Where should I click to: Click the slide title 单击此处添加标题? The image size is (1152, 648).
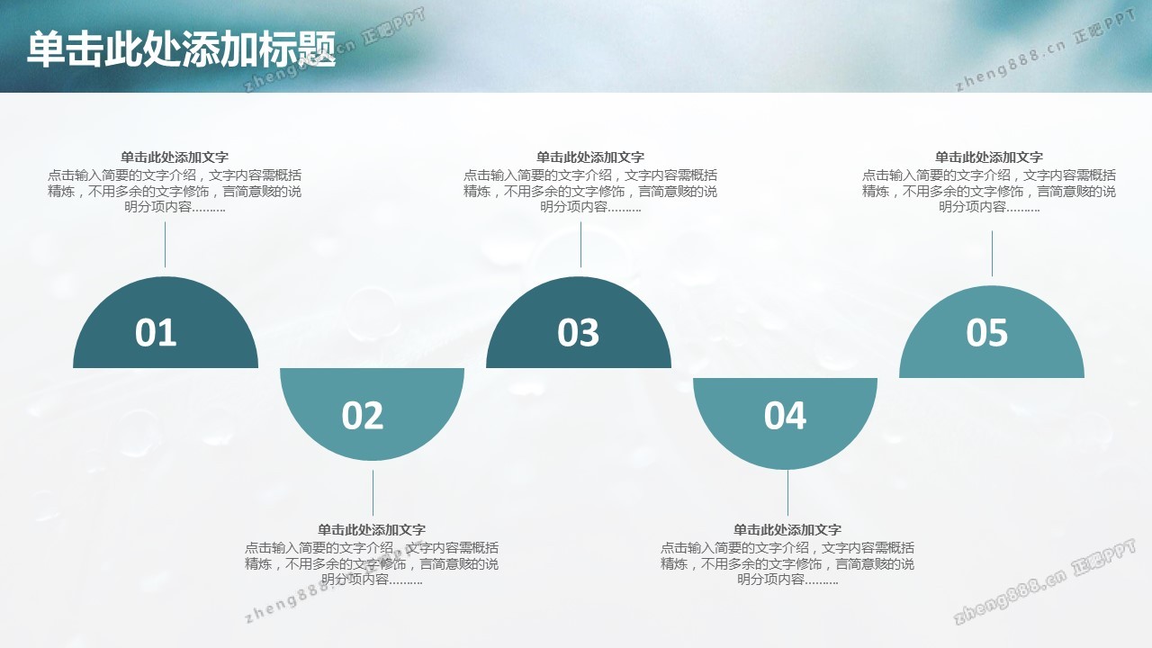click(182, 49)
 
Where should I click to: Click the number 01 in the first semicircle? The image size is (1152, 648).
click(156, 332)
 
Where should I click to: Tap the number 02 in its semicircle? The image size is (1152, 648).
click(363, 415)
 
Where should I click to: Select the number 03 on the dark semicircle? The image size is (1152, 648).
click(578, 332)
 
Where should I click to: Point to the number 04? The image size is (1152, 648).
click(785, 415)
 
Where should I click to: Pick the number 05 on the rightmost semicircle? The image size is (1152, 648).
click(987, 332)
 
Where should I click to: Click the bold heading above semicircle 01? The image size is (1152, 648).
click(175, 157)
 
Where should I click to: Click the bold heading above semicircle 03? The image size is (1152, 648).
click(589, 157)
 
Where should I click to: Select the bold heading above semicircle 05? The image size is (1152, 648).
click(988, 157)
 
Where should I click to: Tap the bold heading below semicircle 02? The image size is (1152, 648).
click(372, 530)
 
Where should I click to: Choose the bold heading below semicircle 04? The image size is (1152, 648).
click(787, 530)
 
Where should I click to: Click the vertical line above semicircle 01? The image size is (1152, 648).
click(165, 245)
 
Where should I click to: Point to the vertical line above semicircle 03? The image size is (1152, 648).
click(581, 245)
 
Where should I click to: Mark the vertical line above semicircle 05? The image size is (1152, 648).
click(992, 254)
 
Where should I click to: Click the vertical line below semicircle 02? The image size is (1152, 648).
click(373, 492)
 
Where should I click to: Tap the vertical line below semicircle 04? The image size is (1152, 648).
click(787, 492)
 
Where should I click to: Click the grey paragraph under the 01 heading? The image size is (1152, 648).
click(175, 192)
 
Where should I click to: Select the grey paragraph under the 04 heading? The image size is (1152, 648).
click(787, 563)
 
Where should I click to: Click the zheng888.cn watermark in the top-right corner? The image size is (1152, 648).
click(1045, 50)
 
